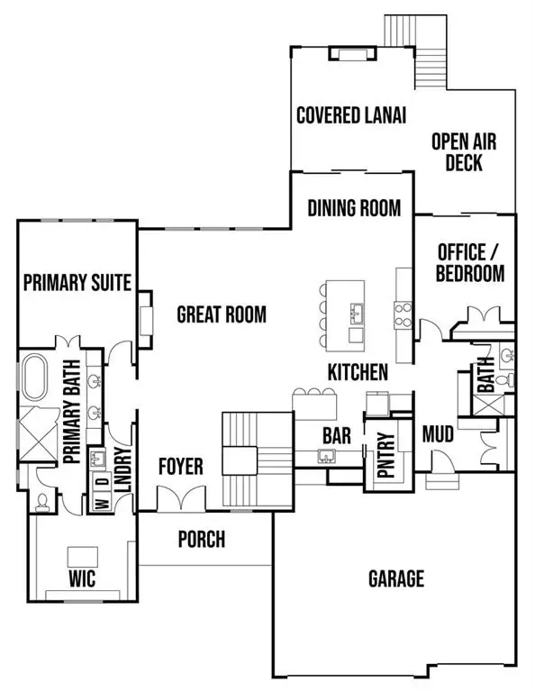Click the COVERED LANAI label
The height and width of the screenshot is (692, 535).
coord(351,115)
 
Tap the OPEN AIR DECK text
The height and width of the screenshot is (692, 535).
coord(464,152)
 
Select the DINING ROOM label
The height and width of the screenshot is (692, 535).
coord(354,208)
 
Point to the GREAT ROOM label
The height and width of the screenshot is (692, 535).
coord(222,314)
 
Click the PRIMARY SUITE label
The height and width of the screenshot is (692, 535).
coord(77,283)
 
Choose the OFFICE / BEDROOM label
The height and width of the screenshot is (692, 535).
coord(469,261)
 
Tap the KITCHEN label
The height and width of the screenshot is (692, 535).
coord(358,371)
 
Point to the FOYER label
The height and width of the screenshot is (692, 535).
coord(181,467)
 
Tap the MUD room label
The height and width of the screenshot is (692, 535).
coord(438,435)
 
